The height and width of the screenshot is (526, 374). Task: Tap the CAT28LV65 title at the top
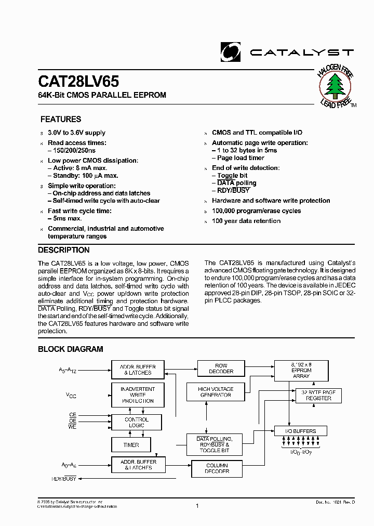pyautogui.click(x=78, y=82)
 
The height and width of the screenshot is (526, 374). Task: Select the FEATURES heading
pyautogui.click(x=61, y=120)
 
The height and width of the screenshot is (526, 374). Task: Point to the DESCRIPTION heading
pyautogui.click(x=64, y=250)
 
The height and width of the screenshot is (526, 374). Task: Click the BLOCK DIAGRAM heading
pyautogui.click(x=71, y=349)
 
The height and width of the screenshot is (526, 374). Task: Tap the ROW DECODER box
pyautogui.click(x=221, y=369)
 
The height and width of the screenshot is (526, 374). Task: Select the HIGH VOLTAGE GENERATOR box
pyautogui.click(x=216, y=392)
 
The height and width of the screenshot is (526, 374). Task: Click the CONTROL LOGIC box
pyautogui.click(x=137, y=422)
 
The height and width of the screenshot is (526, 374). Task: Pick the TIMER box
pyautogui.click(x=131, y=445)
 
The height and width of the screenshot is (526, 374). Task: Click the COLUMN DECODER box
pyautogui.click(x=217, y=468)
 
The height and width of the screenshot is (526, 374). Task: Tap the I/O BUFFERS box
pyautogui.click(x=302, y=431)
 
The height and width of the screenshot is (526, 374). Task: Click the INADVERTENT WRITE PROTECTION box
pyautogui.click(x=137, y=395)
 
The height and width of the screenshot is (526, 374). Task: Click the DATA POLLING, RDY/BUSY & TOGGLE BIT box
pyautogui.click(x=213, y=445)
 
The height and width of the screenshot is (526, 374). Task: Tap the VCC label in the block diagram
pyautogui.click(x=71, y=396)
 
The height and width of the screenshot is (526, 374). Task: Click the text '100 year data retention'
pyautogui.click(x=246, y=221)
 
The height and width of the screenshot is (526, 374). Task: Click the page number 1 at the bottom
pyautogui.click(x=197, y=506)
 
